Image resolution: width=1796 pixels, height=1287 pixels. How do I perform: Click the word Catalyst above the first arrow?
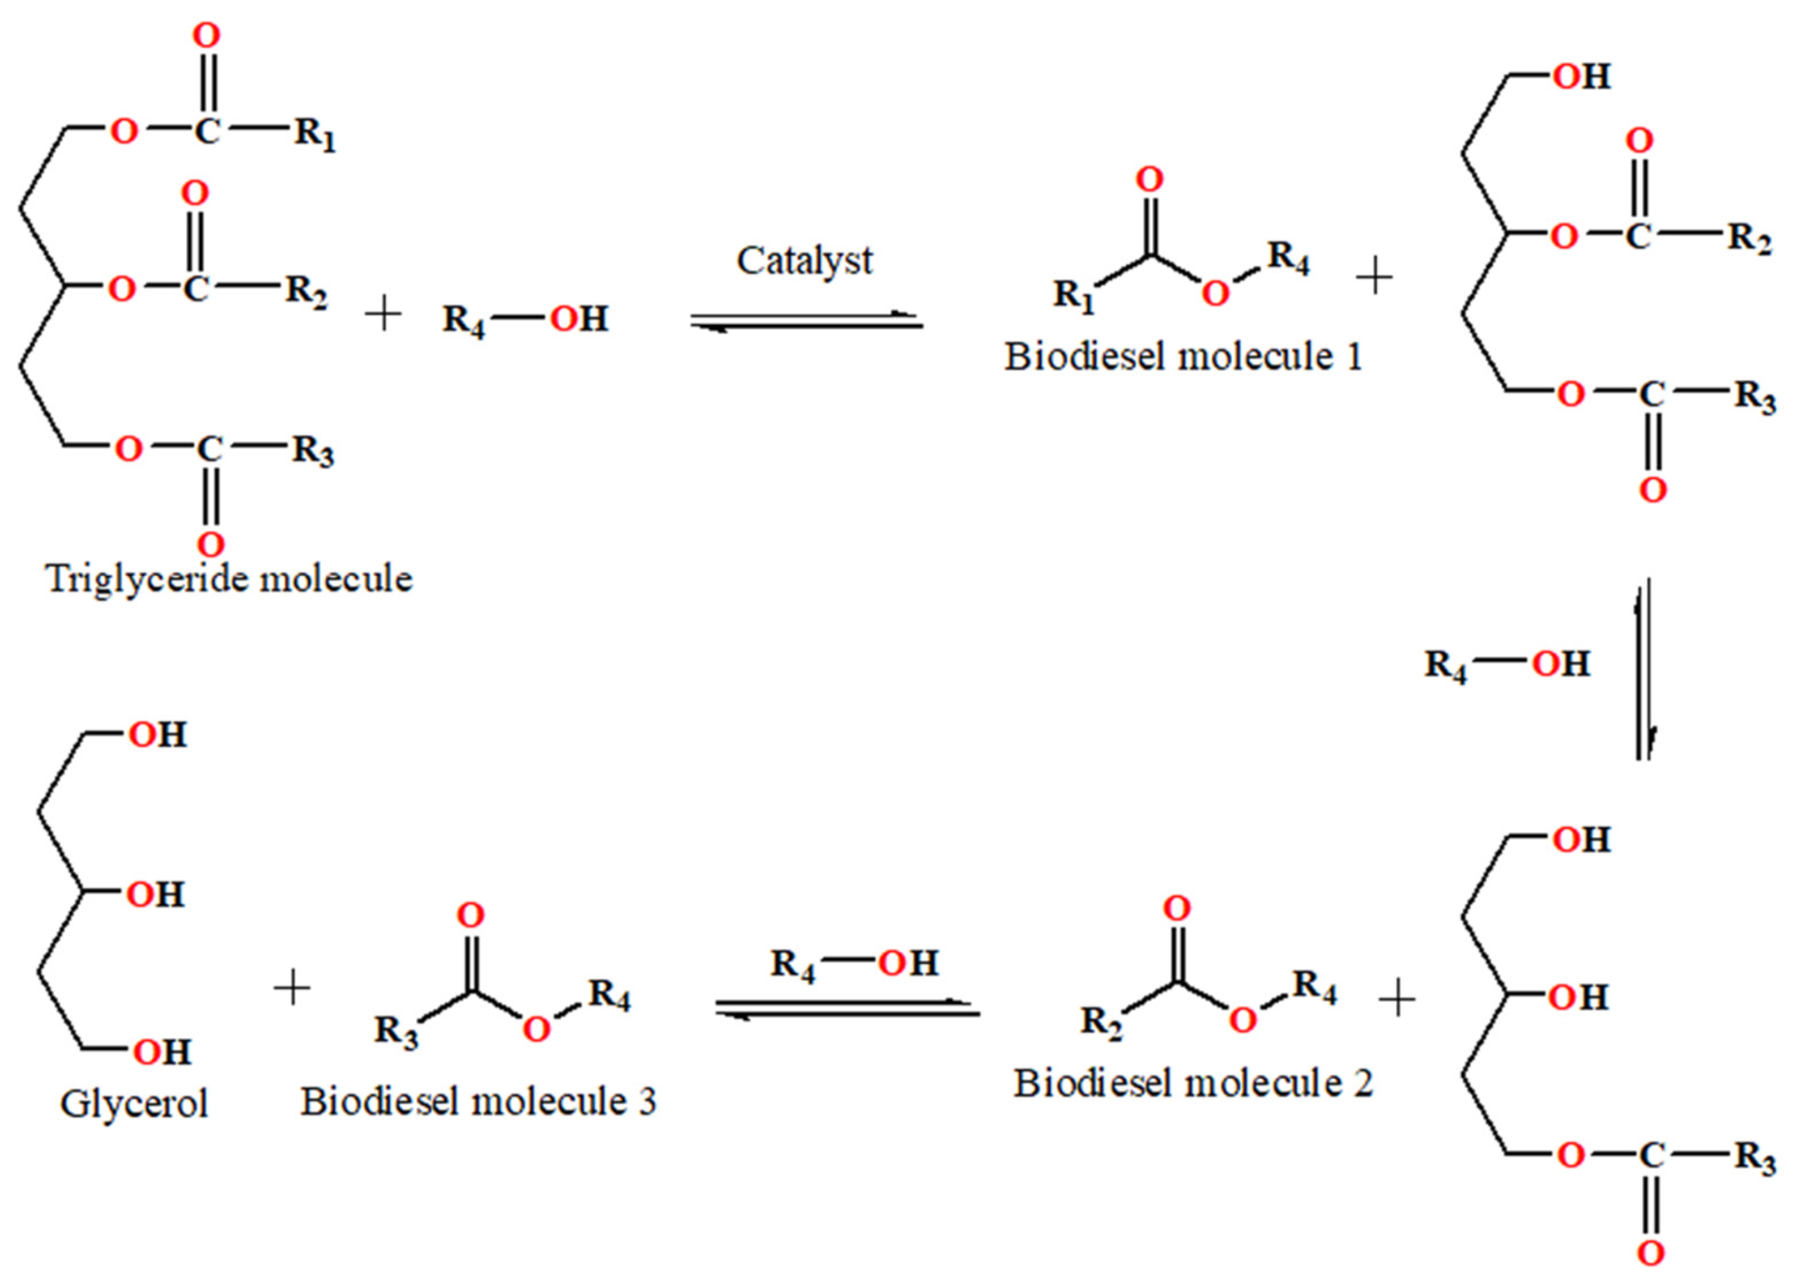coord(804,261)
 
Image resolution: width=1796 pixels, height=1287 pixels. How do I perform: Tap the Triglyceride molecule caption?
coord(229,579)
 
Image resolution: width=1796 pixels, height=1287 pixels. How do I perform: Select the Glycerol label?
coord(134,1103)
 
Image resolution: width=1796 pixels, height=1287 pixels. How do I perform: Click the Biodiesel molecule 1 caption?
coord(1183,357)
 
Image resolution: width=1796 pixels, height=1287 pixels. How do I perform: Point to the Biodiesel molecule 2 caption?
coord(1193,1083)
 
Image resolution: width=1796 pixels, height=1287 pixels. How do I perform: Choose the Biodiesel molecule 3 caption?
coord(479,1102)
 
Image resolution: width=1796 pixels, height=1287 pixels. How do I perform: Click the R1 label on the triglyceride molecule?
coord(315,134)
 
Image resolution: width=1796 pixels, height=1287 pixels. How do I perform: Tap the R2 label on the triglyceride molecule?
coord(307,293)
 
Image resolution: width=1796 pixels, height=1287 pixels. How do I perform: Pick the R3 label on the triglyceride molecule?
coord(313,452)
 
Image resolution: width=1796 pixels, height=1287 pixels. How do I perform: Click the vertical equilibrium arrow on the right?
coord(1644,670)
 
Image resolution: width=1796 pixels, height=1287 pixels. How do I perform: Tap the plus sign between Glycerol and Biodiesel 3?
coord(293,989)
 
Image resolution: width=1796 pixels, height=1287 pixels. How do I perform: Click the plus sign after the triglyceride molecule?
coord(383,315)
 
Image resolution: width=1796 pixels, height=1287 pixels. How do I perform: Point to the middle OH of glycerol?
coord(156,895)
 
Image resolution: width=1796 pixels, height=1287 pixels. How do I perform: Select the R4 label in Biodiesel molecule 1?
coord(1288,259)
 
